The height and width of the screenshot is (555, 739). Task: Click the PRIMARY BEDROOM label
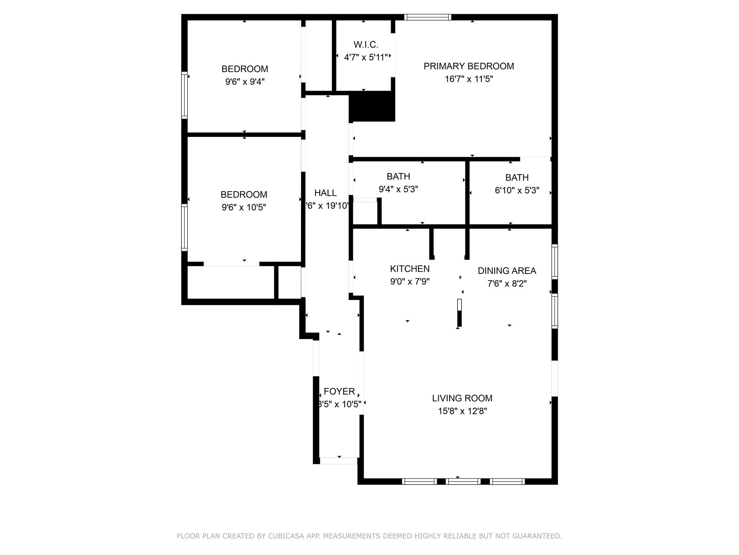pyautogui.click(x=468, y=66)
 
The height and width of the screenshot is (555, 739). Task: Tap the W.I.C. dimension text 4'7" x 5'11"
pyautogui.click(x=366, y=57)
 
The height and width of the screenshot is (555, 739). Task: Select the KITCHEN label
pyautogui.click(x=410, y=268)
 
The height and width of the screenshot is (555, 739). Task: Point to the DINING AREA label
pyautogui.click(x=507, y=271)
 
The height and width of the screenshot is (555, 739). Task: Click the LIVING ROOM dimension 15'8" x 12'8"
pyautogui.click(x=462, y=411)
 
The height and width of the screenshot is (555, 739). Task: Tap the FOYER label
pyautogui.click(x=339, y=391)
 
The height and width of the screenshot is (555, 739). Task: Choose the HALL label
pyautogui.click(x=325, y=193)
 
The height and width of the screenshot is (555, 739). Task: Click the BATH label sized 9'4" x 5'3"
pyautogui.click(x=398, y=176)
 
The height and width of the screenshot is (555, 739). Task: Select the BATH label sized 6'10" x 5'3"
pyautogui.click(x=517, y=177)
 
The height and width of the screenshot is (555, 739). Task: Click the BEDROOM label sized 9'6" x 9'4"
pyautogui.click(x=245, y=69)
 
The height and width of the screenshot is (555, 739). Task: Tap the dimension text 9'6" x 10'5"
pyautogui.click(x=244, y=207)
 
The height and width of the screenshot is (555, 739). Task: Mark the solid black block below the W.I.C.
pyautogui.click(x=372, y=106)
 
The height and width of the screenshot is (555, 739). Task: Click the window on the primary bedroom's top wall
pyautogui.click(x=428, y=17)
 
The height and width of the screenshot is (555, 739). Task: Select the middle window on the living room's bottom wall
pyautogui.click(x=463, y=481)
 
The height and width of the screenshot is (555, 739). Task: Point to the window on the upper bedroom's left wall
pyautogui.click(x=184, y=95)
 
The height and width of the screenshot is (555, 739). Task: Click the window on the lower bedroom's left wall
pyautogui.click(x=184, y=227)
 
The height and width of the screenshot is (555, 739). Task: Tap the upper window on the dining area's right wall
pyautogui.click(x=555, y=262)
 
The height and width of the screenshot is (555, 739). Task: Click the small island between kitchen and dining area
pyautogui.click(x=459, y=313)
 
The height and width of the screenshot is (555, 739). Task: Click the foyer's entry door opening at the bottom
pyautogui.click(x=338, y=461)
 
